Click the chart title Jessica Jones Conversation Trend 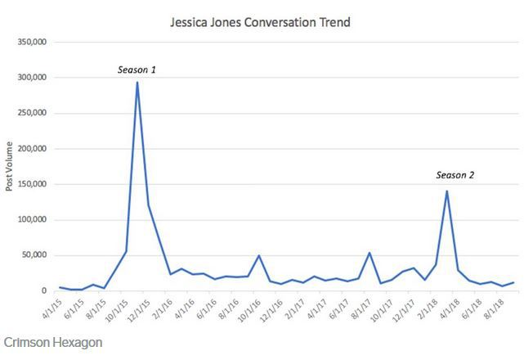pyautogui.click(x=260, y=22)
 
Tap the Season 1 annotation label pyautogui.click(x=137, y=70)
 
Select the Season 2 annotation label pyautogui.click(x=455, y=175)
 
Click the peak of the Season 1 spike pyautogui.click(x=137, y=83)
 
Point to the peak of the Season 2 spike pyautogui.click(x=447, y=191)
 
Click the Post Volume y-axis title pyautogui.click(x=9, y=166)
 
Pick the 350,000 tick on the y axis pyautogui.click(x=32, y=43)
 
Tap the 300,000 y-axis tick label pyautogui.click(x=32, y=78)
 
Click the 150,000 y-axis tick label pyautogui.click(x=32, y=184)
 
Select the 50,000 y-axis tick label pyautogui.click(x=34, y=255)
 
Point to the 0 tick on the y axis pyautogui.click(x=44, y=291)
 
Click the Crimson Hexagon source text pyautogui.click(x=53, y=343)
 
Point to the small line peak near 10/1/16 pyautogui.click(x=258, y=255)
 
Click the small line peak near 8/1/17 pyautogui.click(x=369, y=253)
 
